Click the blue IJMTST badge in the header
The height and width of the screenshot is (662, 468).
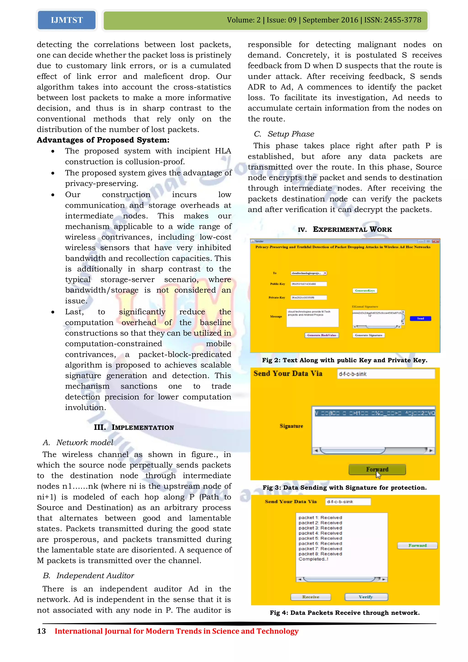click(x=66, y=20)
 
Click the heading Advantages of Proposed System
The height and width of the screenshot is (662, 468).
click(x=103, y=140)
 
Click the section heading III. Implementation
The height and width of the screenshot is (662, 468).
click(x=134, y=427)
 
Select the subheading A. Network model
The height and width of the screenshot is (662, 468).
click(x=78, y=443)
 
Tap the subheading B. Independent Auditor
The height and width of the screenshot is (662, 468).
click(x=88, y=576)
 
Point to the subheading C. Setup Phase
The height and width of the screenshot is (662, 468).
click(x=284, y=134)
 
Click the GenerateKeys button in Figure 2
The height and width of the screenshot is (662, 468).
click(x=364, y=291)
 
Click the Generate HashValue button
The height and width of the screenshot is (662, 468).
click(x=322, y=335)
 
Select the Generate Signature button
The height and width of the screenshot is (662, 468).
click(x=369, y=335)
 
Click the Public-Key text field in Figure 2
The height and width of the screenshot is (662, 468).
click(x=308, y=284)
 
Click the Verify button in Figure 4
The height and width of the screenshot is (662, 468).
click(x=366, y=597)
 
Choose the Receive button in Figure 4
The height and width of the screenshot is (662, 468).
click(x=311, y=597)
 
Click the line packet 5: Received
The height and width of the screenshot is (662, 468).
click(x=320, y=538)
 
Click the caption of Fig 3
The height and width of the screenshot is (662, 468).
click(x=344, y=488)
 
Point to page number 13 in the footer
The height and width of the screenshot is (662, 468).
click(x=42, y=631)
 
